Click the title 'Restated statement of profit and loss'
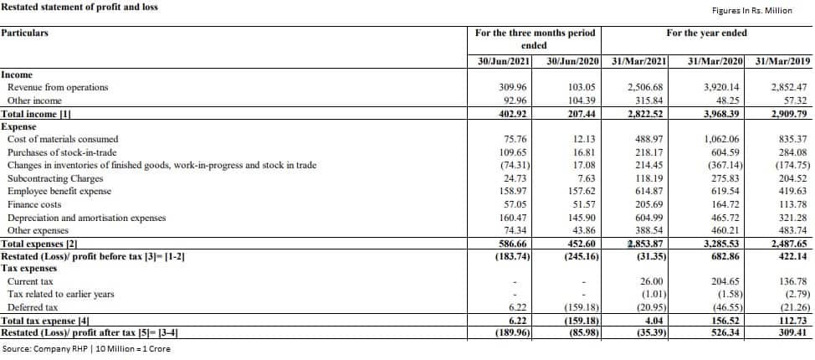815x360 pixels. pos(79,8)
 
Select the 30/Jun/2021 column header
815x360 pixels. pos(500,61)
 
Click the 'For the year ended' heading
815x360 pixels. pos(706,33)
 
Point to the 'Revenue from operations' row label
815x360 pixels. pos(58,87)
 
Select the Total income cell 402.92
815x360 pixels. pos(511,114)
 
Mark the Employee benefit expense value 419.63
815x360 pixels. pos(791,191)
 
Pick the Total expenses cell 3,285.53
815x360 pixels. pos(720,244)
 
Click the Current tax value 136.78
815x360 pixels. pos(791,281)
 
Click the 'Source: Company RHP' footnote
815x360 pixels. pos(86,348)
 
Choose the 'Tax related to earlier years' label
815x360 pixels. pos(60,295)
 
